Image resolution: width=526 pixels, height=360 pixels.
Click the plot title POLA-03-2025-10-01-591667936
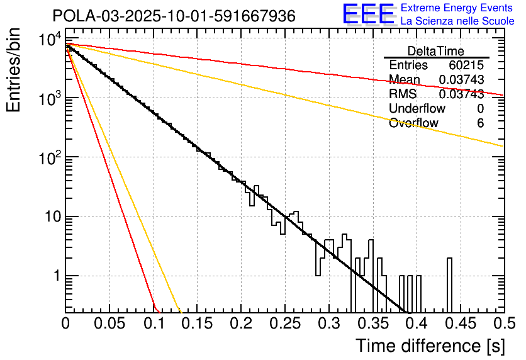click(173, 16)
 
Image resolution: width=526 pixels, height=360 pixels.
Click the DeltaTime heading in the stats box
click(435, 51)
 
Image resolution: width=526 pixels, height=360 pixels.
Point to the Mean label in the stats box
click(404, 79)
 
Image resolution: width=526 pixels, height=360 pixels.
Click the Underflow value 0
click(480, 108)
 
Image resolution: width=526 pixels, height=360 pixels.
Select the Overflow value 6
click(480, 123)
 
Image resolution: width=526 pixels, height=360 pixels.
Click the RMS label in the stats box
click(403, 94)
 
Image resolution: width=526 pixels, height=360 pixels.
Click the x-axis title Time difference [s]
click(430, 346)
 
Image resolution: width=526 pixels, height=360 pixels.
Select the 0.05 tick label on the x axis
click(109, 323)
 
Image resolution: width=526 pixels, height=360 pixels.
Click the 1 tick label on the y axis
click(55, 276)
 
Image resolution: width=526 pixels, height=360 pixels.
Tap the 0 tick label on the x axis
click(65, 323)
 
